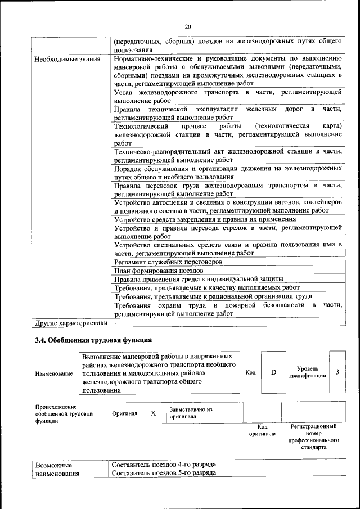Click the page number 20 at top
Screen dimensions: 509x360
point(188,26)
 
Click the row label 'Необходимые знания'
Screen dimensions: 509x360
point(67,58)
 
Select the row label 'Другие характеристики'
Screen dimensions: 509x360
point(70,323)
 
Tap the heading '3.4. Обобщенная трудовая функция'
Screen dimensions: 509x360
point(93,340)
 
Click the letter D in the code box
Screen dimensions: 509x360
point(273,372)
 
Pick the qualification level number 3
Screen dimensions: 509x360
point(337,372)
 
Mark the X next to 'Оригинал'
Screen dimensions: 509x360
point(153,413)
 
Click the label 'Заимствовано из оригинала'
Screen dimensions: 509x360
point(191,413)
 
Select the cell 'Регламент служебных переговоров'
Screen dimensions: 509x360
point(168,262)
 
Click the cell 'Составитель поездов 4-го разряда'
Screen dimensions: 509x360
point(164,465)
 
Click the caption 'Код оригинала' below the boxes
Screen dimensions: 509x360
point(262,430)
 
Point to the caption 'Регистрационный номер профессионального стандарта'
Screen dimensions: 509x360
point(313,438)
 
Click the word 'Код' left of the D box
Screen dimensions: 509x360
point(251,372)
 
